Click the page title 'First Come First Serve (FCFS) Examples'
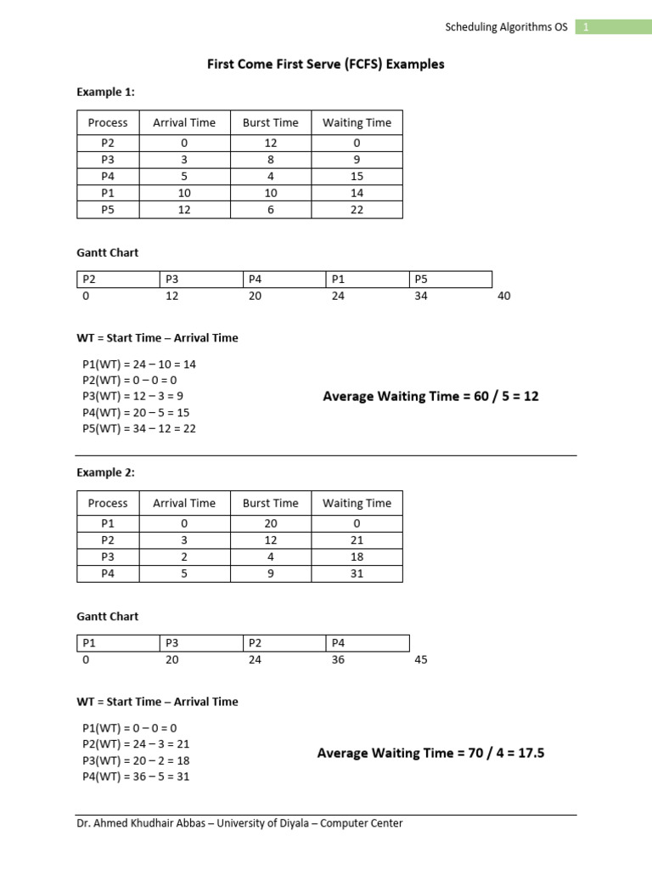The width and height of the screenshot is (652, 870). click(x=326, y=65)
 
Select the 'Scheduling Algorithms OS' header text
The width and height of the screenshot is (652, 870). click(x=506, y=27)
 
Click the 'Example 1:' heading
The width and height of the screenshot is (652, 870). click(x=106, y=92)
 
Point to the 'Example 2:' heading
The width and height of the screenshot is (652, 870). click(x=106, y=472)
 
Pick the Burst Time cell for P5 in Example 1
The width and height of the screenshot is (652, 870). click(x=270, y=210)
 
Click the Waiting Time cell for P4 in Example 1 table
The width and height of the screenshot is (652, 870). click(x=357, y=176)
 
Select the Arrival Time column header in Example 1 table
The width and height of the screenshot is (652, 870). click(x=184, y=122)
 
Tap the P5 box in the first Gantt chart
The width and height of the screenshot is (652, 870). click(x=450, y=279)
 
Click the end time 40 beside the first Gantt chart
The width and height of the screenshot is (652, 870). click(x=504, y=296)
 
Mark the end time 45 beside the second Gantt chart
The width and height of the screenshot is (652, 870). click(x=421, y=659)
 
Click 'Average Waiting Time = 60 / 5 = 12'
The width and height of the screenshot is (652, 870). click(x=431, y=397)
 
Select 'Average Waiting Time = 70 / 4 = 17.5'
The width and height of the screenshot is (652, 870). click(x=430, y=753)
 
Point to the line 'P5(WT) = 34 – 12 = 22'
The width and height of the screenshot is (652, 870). click(x=139, y=428)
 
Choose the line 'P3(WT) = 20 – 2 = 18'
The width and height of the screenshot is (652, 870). click(x=136, y=760)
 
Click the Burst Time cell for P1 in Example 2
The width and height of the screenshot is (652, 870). click(x=270, y=523)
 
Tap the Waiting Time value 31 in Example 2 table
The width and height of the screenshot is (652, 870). click(x=357, y=573)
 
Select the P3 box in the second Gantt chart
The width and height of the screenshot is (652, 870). click(x=200, y=642)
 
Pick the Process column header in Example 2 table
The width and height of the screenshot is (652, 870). click(x=108, y=503)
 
